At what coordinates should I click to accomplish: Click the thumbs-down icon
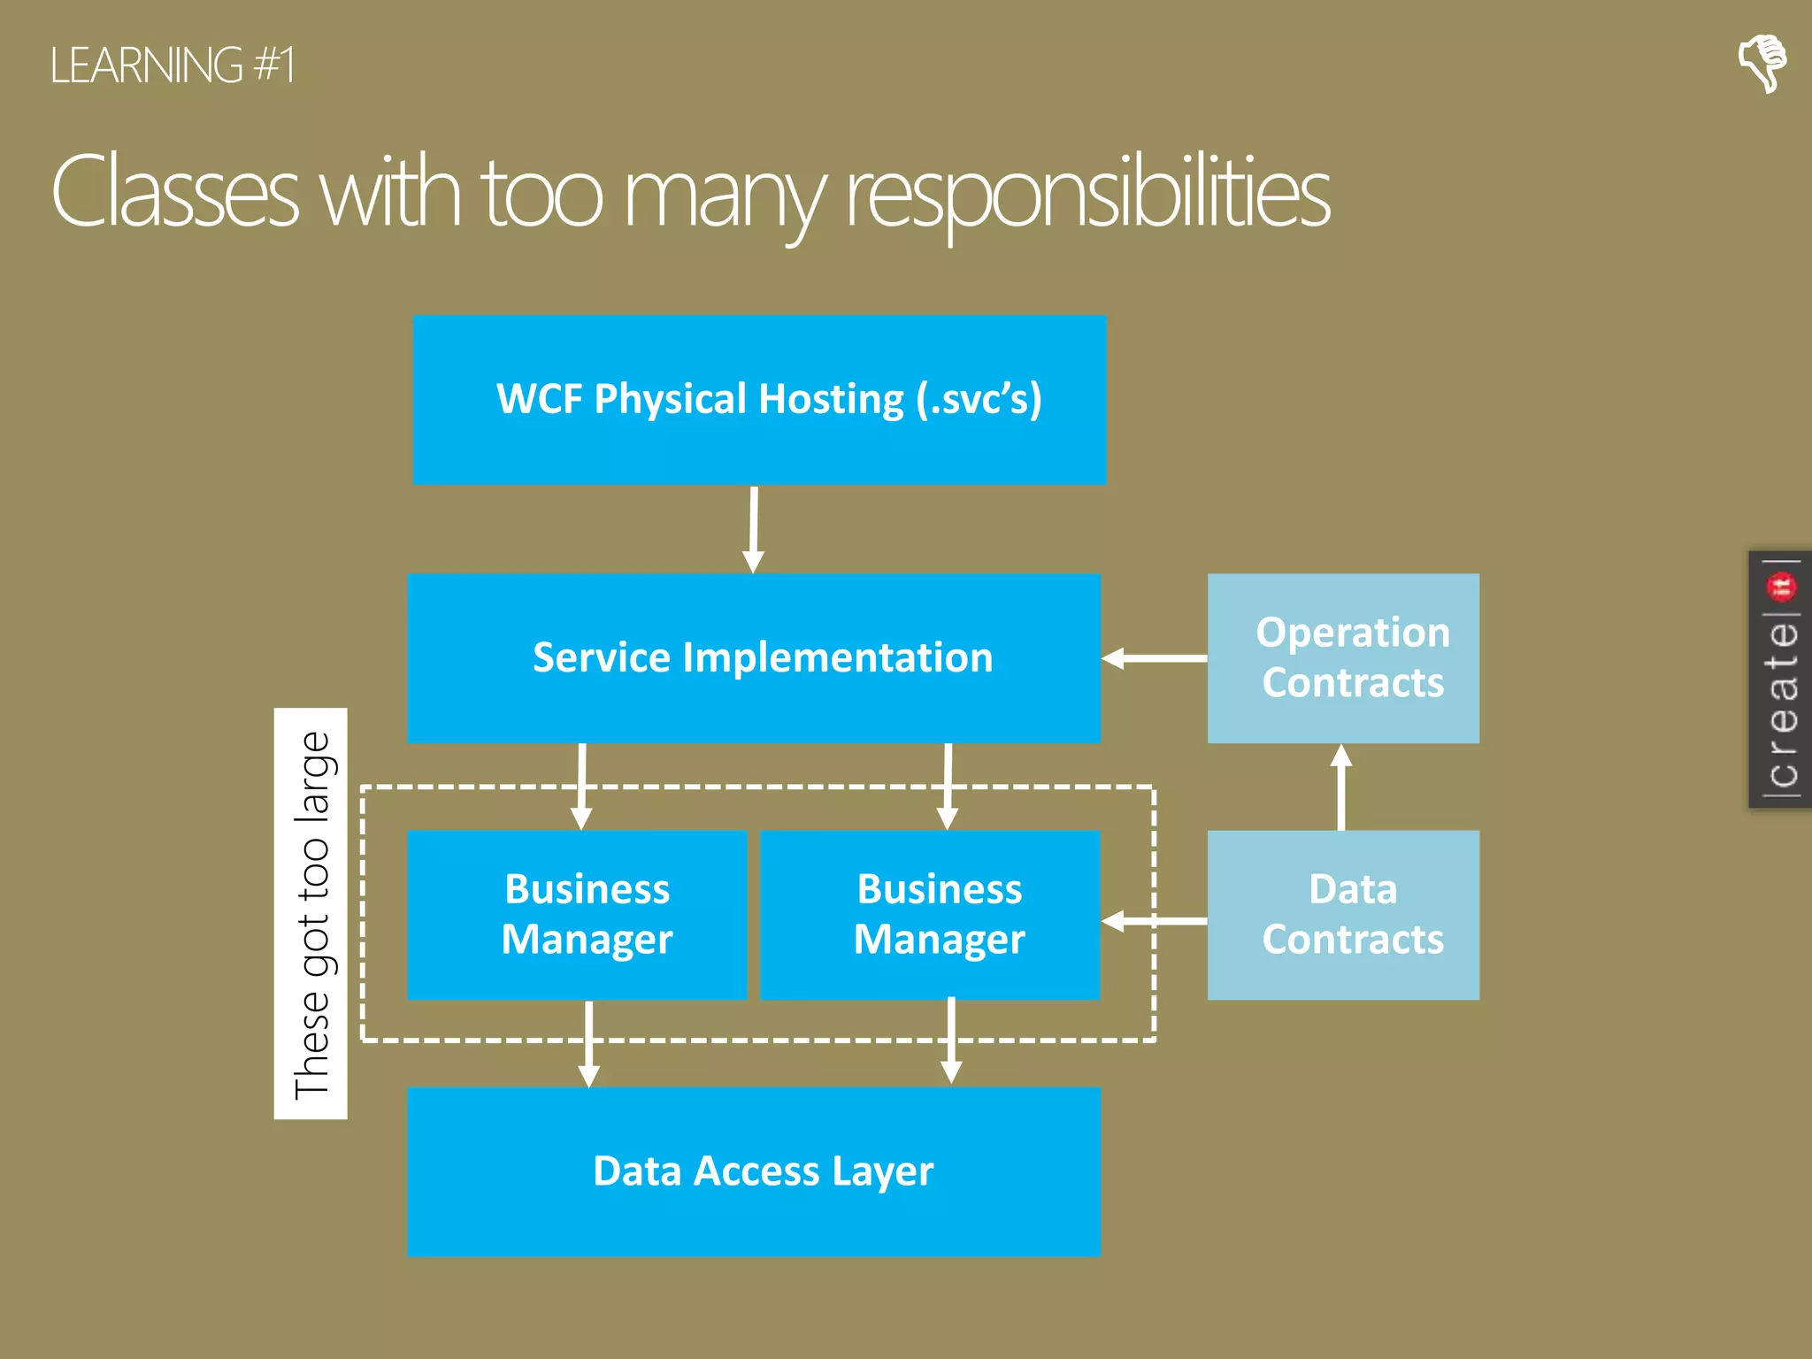tap(1762, 63)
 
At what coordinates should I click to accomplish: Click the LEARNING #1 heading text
tap(173, 66)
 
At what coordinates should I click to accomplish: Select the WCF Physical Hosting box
tap(759, 400)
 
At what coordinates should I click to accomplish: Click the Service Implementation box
tap(754, 658)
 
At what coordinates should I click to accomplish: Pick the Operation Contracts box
tap(1343, 658)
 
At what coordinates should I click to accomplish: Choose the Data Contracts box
tap(1343, 915)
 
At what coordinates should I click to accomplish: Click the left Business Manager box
tap(577, 915)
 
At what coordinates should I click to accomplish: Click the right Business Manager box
tap(930, 915)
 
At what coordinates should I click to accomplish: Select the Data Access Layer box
tap(754, 1171)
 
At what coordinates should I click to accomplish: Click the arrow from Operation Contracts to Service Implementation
tap(1154, 658)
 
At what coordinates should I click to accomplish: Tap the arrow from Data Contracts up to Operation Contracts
tap(1341, 787)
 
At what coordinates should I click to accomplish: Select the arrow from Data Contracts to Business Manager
tap(1154, 921)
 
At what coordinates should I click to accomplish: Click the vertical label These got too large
tap(311, 913)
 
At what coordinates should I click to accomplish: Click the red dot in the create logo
tap(1780, 586)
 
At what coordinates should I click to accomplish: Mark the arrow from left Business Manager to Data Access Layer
tap(589, 1044)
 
